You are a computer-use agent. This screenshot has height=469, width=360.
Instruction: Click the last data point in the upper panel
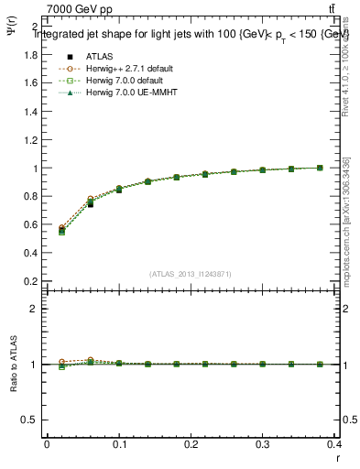320,168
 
